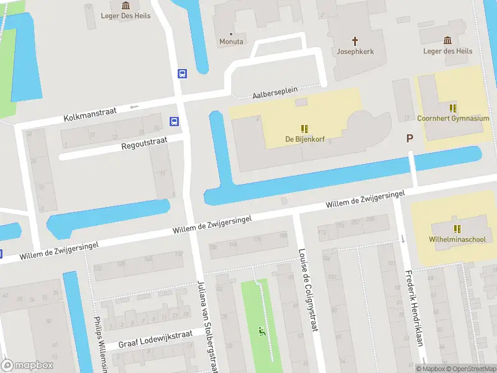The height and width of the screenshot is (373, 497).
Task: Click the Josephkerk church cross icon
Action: pos(355,41)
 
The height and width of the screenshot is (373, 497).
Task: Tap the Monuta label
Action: pos(231,42)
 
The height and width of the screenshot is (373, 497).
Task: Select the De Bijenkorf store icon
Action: pos(305,129)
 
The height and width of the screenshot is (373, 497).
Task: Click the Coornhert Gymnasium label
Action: pos(453,118)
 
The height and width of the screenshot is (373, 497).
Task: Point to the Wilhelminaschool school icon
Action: pos(457,229)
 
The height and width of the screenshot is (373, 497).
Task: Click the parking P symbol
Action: pos(409,139)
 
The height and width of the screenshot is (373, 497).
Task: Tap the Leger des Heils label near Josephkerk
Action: pos(447,51)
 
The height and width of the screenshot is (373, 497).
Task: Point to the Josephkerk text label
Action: pos(355,52)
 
